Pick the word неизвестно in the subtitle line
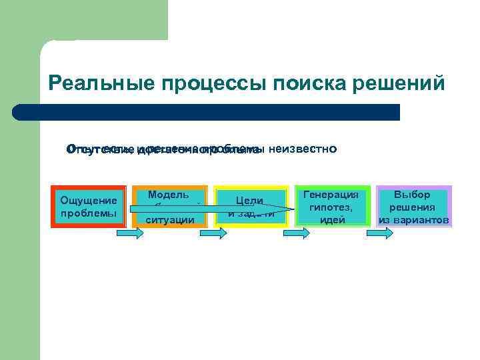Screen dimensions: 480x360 [303, 148]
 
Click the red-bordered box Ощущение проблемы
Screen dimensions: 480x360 [89, 207]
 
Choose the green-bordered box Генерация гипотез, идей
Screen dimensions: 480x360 [331, 207]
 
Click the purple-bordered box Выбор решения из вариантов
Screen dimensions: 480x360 [414, 207]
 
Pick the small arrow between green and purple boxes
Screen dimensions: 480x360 [377, 233]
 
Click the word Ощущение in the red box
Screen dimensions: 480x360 [89, 200]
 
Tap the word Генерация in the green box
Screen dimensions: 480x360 [331, 195]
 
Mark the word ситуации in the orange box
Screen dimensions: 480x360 [170, 219]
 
